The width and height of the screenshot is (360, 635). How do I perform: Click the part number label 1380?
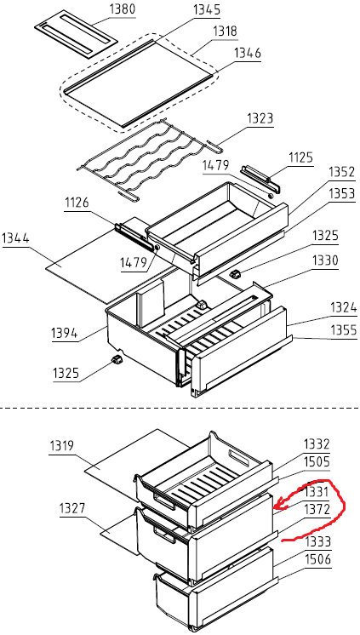click(x=123, y=9)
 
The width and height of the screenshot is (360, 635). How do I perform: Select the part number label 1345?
click(x=207, y=9)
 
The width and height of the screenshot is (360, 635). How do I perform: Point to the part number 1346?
click(x=247, y=53)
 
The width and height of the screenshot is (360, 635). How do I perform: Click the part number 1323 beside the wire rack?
click(x=260, y=118)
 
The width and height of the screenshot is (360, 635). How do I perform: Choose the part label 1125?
click(x=300, y=157)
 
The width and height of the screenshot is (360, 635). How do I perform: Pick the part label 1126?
click(x=77, y=202)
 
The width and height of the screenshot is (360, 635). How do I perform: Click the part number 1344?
click(x=16, y=238)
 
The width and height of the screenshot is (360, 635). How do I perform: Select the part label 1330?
click(x=325, y=260)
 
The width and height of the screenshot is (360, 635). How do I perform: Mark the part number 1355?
click(x=344, y=330)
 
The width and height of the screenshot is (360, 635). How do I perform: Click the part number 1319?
click(x=62, y=446)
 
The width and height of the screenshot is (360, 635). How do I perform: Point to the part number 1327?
click(x=72, y=507)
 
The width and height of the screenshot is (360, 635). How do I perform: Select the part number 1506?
click(x=318, y=559)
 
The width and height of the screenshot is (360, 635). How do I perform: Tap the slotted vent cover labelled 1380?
click(x=76, y=34)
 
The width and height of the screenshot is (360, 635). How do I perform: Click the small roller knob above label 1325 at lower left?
click(x=117, y=359)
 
